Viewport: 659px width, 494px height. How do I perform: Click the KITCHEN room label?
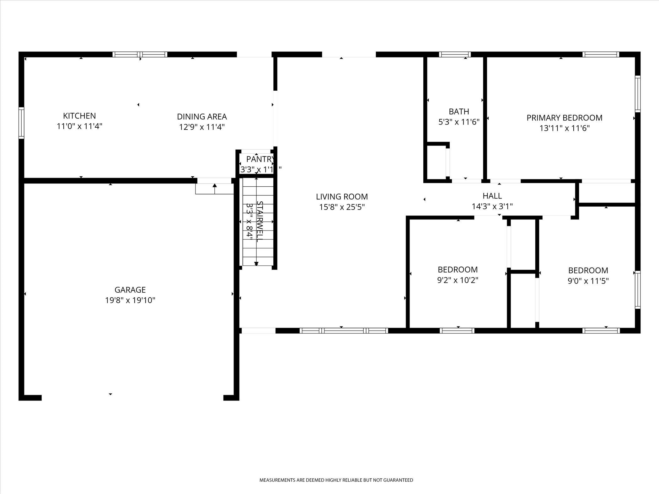(79, 116)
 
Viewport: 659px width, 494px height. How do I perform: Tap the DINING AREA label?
(202, 117)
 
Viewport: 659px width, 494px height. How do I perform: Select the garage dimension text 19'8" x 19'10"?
(130, 300)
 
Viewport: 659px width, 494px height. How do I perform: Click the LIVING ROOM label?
(342, 197)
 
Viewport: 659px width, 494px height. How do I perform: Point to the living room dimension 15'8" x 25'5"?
(342, 207)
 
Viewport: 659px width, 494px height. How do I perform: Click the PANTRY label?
(260, 159)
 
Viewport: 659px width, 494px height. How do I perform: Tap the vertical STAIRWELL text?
(260, 221)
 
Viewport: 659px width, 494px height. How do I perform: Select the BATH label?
(459, 111)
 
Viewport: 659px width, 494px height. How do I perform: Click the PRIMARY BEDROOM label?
(564, 118)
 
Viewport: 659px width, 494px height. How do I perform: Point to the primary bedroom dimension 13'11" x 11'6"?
(565, 128)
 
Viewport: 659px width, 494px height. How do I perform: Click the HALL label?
(492, 196)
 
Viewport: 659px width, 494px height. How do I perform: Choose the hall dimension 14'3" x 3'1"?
(492, 206)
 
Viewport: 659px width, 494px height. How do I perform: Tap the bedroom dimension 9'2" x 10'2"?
(458, 280)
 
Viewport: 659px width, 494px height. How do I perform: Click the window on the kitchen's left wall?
(21, 123)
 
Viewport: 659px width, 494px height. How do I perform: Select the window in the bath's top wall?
(455, 54)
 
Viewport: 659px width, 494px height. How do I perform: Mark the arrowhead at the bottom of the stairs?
(256, 264)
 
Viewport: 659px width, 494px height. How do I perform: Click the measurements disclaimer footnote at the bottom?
(336, 480)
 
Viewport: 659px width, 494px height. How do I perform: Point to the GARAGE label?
(130, 290)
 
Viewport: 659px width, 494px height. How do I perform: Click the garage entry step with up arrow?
(215, 189)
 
